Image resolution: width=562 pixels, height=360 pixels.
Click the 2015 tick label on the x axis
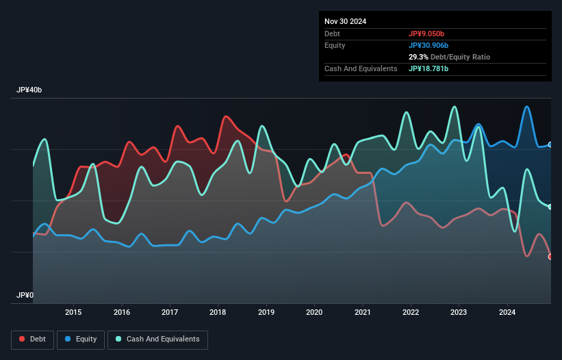click(x=73, y=313)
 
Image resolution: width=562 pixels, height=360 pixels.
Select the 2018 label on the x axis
click(x=218, y=313)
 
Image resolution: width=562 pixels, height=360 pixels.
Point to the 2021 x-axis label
click(x=362, y=313)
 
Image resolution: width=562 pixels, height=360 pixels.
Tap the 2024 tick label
click(x=507, y=313)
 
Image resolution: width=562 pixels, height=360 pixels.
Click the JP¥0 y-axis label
click(x=25, y=295)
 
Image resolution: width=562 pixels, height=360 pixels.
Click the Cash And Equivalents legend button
click(x=157, y=339)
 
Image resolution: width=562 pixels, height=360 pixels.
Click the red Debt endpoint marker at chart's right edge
click(x=550, y=257)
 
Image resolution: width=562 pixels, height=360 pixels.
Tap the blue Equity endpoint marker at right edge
click(x=550, y=144)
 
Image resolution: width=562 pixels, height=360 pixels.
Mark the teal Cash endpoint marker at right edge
click(x=550, y=207)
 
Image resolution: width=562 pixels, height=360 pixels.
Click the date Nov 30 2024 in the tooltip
click(x=345, y=21)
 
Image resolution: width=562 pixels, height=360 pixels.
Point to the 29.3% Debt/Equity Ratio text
click(x=449, y=57)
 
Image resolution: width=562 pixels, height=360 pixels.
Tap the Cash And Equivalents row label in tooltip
click(x=361, y=68)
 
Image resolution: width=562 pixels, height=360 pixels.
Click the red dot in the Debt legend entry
click(x=23, y=339)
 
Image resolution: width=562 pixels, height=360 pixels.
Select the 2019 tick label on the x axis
click(x=266, y=313)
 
